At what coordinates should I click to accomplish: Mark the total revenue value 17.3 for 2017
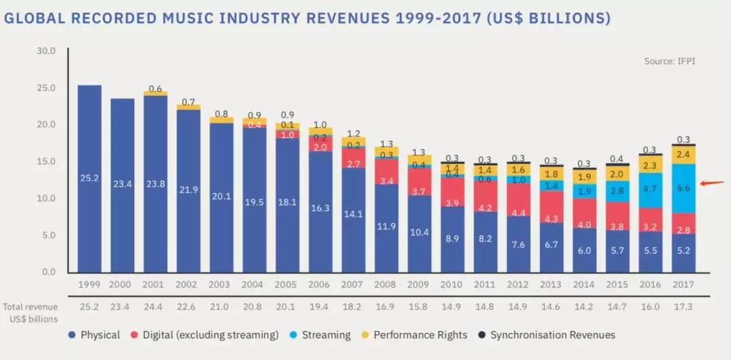point(683,307)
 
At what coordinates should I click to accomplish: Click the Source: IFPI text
point(669,61)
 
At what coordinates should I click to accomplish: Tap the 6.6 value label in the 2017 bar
point(683,187)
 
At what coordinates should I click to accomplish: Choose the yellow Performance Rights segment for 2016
point(650,164)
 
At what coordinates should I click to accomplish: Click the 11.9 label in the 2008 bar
point(386,226)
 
